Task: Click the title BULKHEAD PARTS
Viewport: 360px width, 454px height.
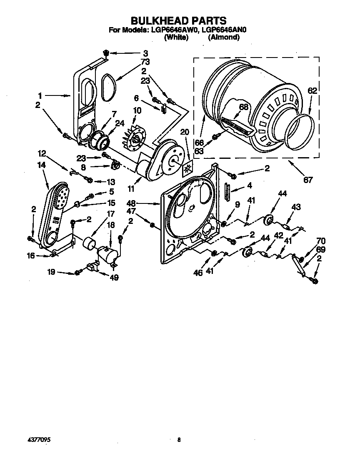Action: pyautogui.click(x=179, y=20)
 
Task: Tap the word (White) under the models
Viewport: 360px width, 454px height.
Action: pyautogui.click(x=176, y=37)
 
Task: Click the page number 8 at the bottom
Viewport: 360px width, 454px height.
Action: pyautogui.click(x=179, y=439)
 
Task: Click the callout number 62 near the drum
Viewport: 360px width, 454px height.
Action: pyautogui.click(x=312, y=90)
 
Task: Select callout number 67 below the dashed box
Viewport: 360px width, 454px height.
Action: pyautogui.click(x=308, y=180)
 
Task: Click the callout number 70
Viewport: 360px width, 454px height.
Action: pyautogui.click(x=321, y=241)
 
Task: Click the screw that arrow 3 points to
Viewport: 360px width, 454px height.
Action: pyautogui.click(x=106, y=53)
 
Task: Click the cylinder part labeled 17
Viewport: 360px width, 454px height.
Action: pyautogui.click(x=89, y=243)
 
